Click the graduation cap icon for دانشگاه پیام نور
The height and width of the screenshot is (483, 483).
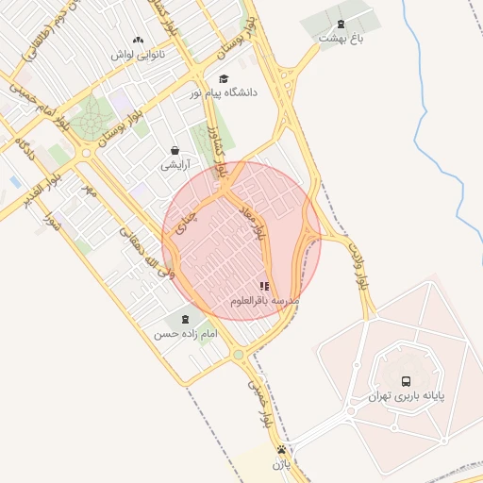click(224, 78)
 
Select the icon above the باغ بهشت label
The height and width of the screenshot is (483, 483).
click(341, 24)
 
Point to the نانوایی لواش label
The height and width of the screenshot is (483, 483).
click(139, 55)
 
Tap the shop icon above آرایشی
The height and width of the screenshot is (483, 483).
click(175, 150)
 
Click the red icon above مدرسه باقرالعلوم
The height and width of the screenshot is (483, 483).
click(264, 285)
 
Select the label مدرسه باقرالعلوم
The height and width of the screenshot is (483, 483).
click(265, 300)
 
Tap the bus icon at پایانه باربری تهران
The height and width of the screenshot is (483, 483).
click(406, 380)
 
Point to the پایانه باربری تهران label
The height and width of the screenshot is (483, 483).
click(406, 395)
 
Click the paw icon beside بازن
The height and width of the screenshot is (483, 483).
click(293, 449)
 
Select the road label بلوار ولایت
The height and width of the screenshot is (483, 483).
click(358, 265)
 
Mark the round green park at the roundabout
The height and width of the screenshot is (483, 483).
click(92, 120)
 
